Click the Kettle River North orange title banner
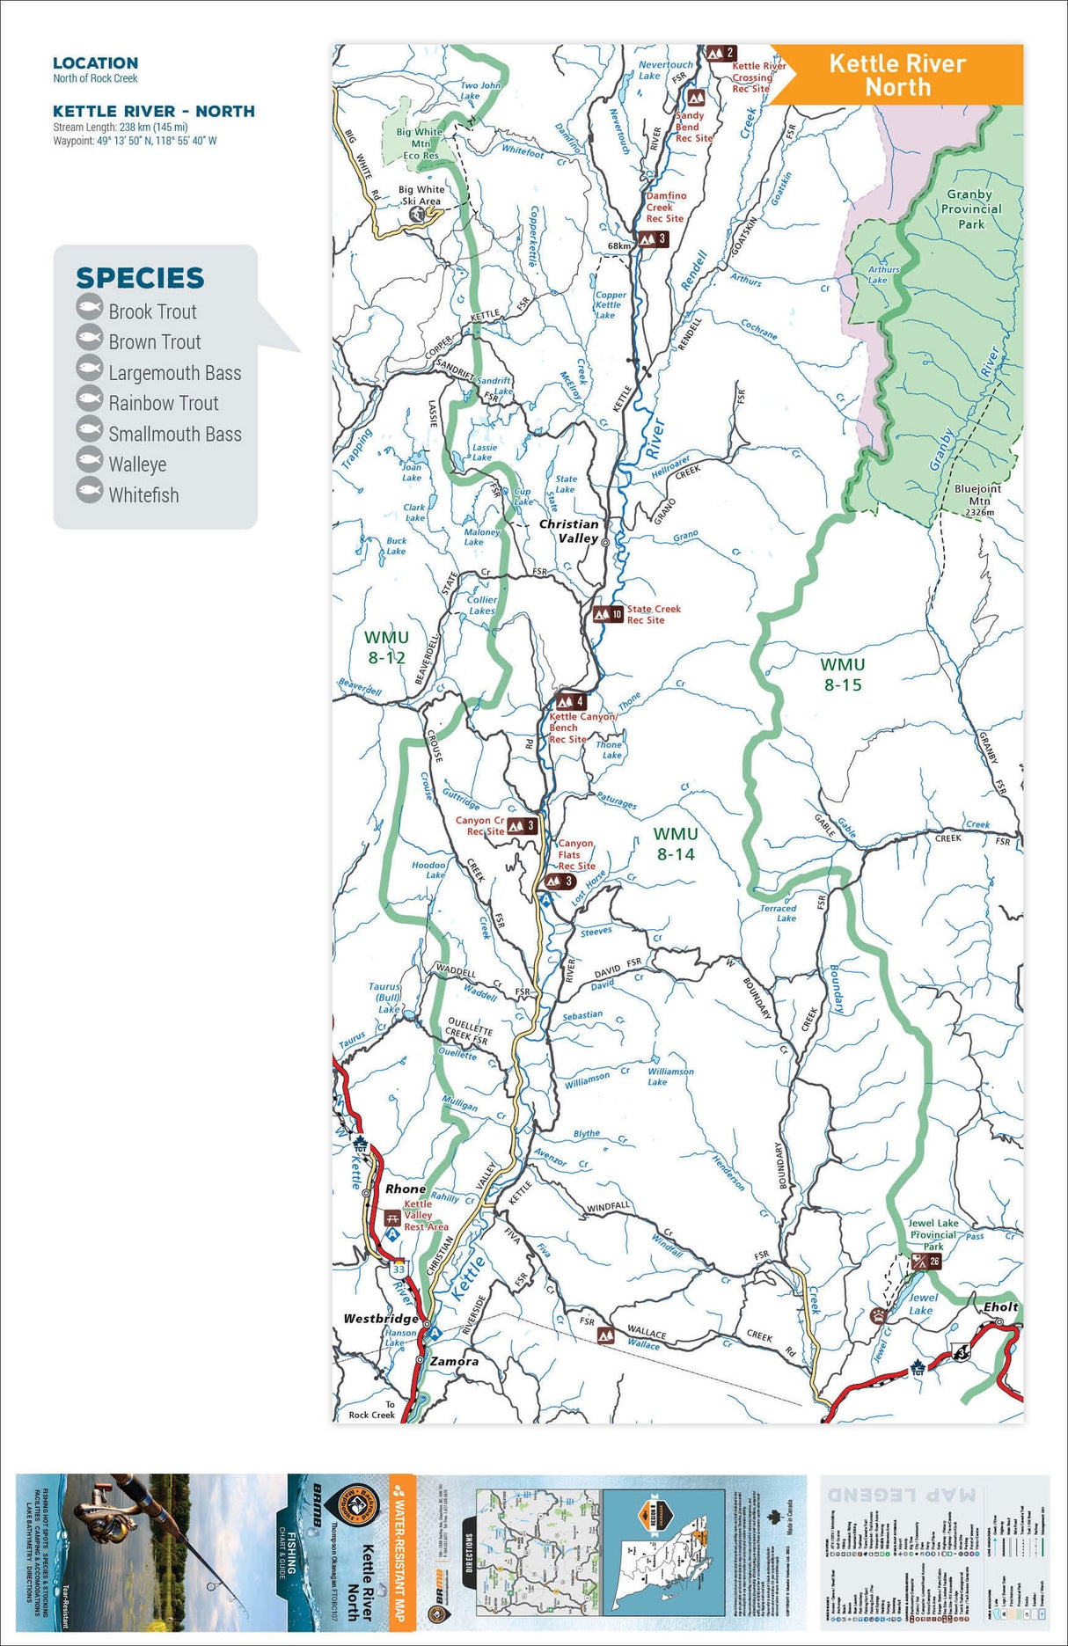coord(897,75)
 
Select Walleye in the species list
coord(137,465)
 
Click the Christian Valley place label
coord(569,530)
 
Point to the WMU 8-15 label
coord(842,675)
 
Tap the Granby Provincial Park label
coord(970,209)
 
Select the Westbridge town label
coord(381,1319)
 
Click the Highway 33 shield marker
coord(399,1269)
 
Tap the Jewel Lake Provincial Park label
coord(933,1234)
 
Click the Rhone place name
coord(405,1189)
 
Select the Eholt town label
coord(1000,1306)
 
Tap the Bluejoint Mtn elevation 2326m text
coord(979,512)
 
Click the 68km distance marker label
coord(618,245)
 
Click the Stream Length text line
coord(120,127)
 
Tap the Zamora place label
coord(454,1361)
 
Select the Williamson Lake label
coord(670,1076)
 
